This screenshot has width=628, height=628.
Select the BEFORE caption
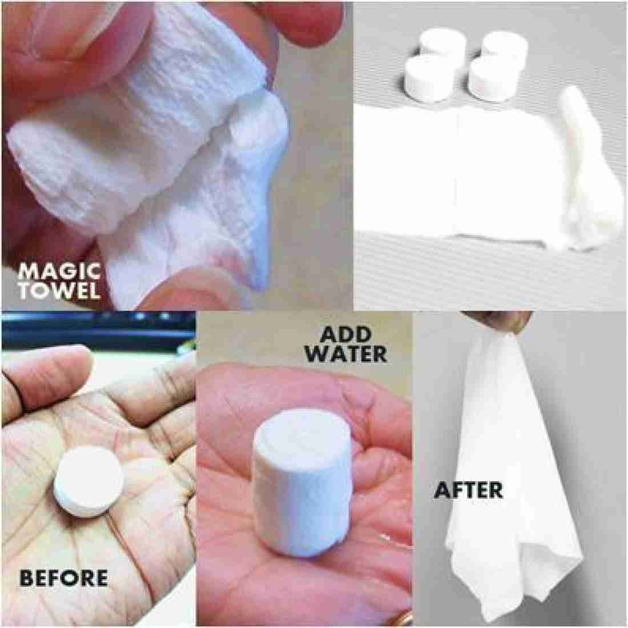click(x=63, y=578)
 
